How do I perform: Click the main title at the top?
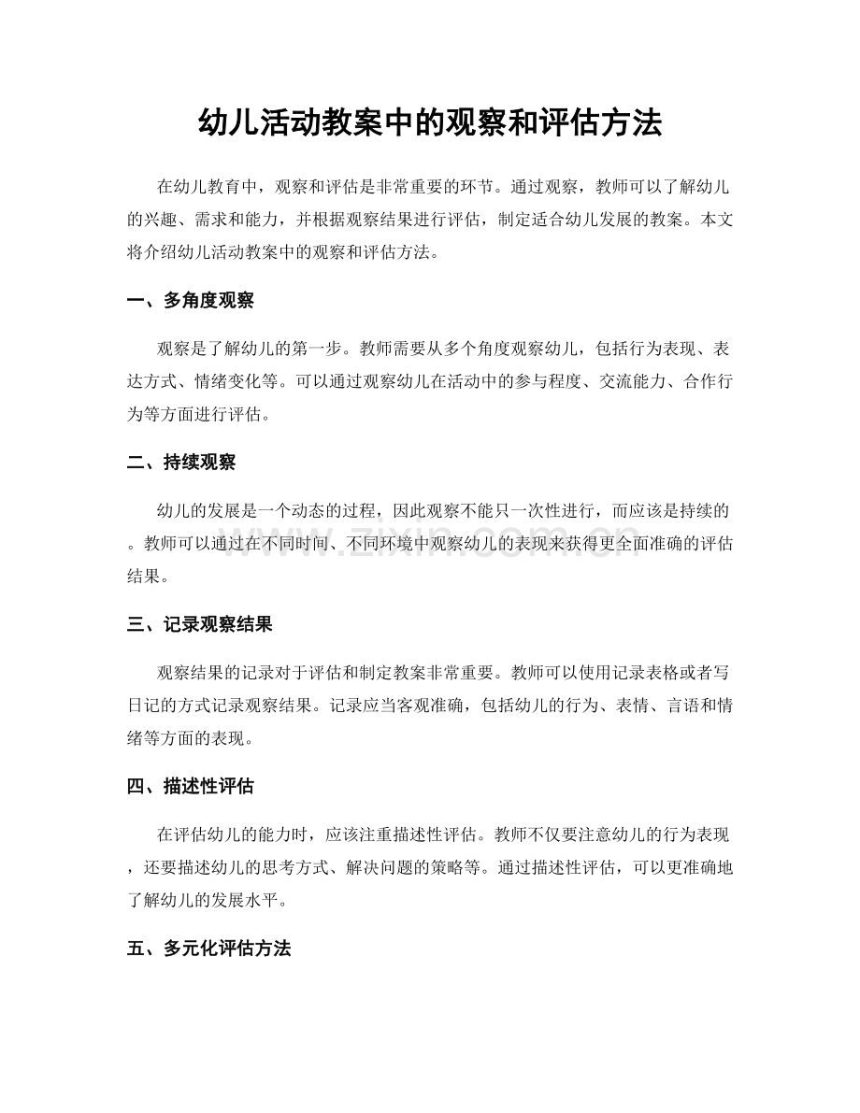pyautogui.click(x=430, y=122)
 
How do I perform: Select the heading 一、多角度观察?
pyautogui.click(x=191, y=301)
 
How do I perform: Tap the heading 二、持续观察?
pyautogui.click(x=181, y=463)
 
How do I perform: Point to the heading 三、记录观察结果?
pyautogui.click(x=199, y=624)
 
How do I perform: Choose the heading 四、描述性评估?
pyautogui.click(x=191, y=786)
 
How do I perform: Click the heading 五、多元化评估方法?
pyautogui.click(x=208, y=949)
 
